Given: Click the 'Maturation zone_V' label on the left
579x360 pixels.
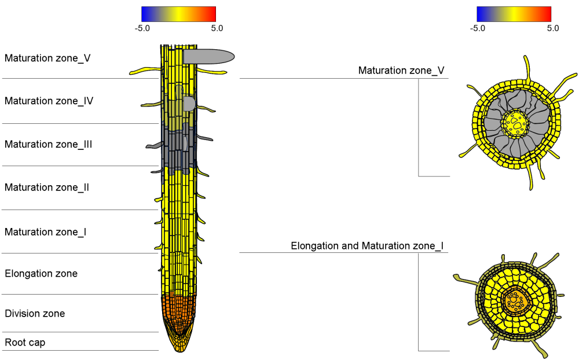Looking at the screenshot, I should (47, 58).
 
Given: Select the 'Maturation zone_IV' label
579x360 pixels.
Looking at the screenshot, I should (49, 101).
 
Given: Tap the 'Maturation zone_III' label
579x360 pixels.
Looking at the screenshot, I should (49, 145).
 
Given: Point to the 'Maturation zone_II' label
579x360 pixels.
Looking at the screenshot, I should (47, 188).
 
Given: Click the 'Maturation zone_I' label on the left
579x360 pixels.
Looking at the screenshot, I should (46, 232).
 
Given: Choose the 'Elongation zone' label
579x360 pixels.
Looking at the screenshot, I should (41, 274).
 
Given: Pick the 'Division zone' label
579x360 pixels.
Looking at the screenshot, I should (35, 314).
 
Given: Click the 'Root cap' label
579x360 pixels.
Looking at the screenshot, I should (25, 343).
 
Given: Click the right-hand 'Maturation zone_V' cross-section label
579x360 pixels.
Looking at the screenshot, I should (401, 71).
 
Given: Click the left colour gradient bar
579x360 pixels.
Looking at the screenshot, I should (178, 14).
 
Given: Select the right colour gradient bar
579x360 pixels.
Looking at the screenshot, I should (514, 14).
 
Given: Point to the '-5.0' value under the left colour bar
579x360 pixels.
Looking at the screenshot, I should (142, 28).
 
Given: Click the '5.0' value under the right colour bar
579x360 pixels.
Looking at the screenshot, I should (552, 28).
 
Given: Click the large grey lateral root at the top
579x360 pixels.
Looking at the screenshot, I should (208, 56).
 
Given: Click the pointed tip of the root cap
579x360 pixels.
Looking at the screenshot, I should (178, 350).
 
